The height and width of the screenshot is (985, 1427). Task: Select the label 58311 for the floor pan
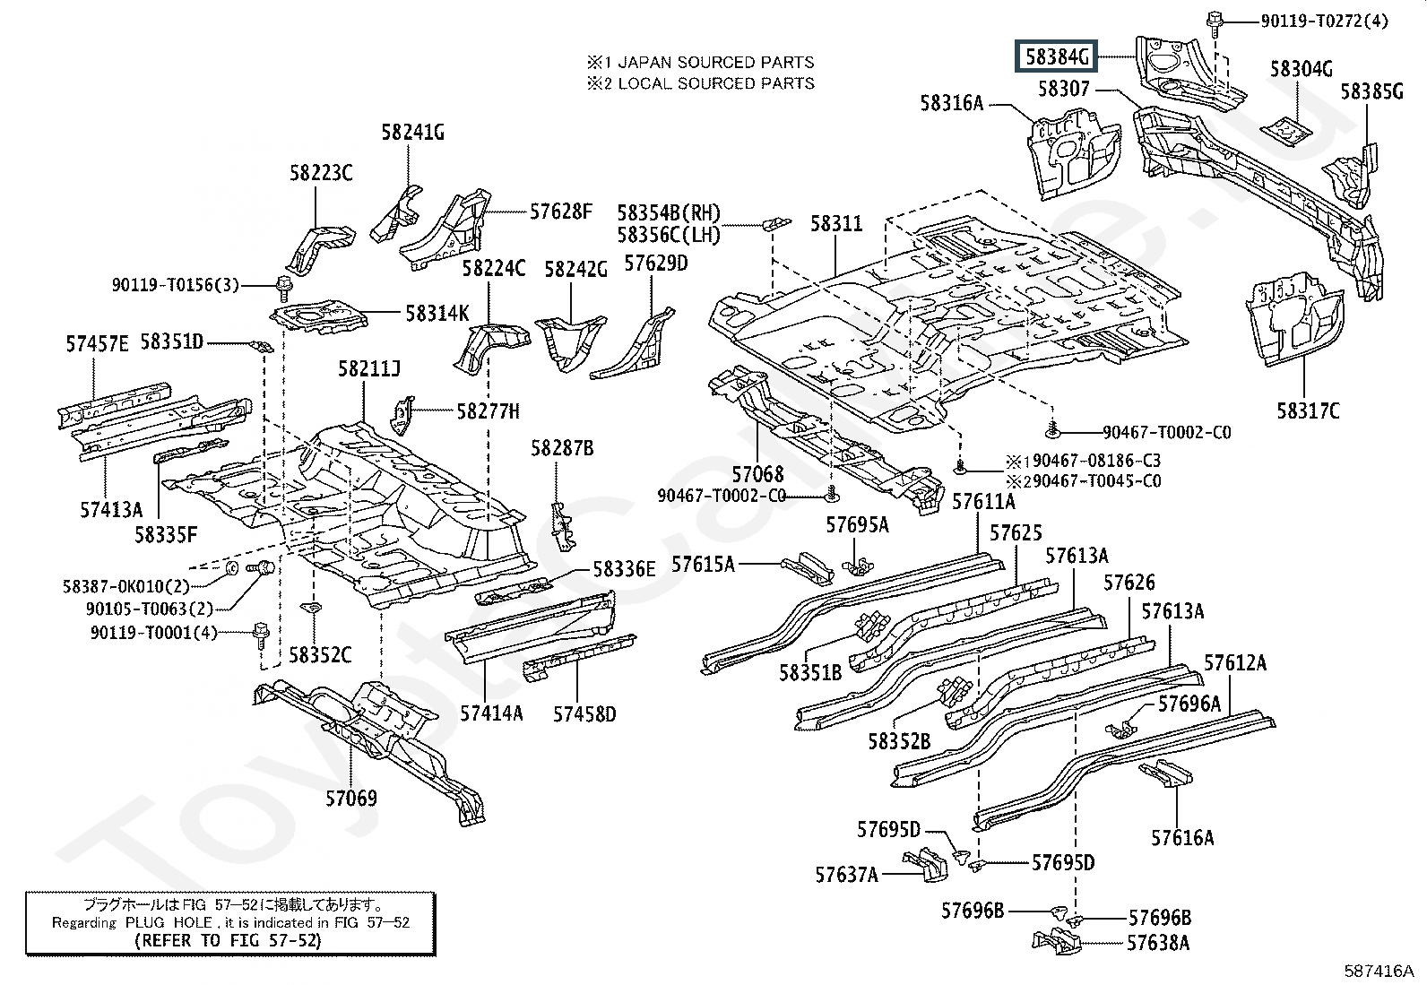tap(836, 223)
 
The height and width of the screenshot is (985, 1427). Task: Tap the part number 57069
tap(350, 798)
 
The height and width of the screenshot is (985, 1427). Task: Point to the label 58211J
tap(368, 368)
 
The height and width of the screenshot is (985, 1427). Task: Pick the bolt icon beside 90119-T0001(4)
tap(260, 633)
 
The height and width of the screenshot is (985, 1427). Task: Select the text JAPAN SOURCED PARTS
tap(715, 63)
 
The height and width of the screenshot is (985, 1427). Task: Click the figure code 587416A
tap(1378, 971)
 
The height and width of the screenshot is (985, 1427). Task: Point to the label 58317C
tap(1308, 410)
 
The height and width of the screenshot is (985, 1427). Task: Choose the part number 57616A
tap(1182, 838)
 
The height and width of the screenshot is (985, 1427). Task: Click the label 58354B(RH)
tap(669, 213)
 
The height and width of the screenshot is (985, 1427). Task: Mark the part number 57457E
tap(97, 343)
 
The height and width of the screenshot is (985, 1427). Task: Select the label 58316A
tap(951, 103)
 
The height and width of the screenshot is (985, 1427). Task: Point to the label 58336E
tap(624, 569)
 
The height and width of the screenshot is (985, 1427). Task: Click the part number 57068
tap(757, 474)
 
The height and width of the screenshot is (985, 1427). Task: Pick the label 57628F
tap(561, 212)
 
